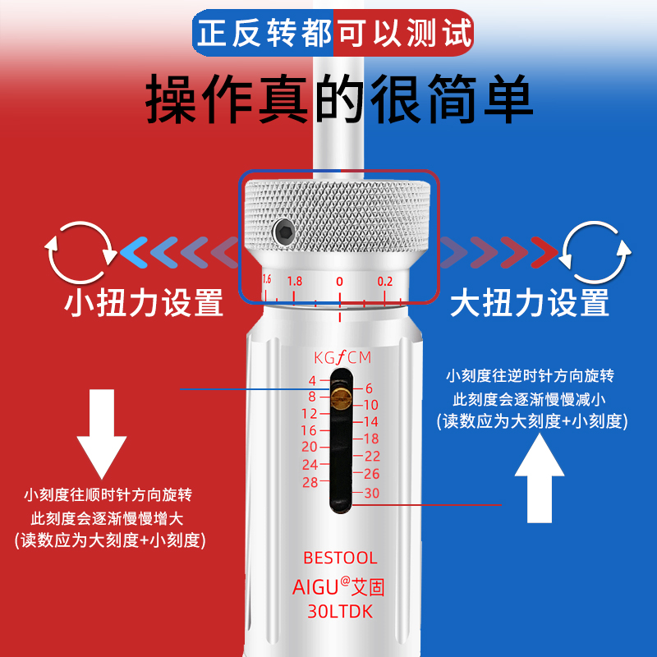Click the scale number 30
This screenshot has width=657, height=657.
click(x=371, y=493)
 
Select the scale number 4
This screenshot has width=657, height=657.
click(x=312, y=381)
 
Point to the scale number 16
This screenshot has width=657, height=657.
click(x=309, y=430)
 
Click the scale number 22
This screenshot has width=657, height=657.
click(x=372, y=456)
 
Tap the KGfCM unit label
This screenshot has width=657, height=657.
click(x=342, y=358)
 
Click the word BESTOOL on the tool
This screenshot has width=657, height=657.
click(x=341, y=558)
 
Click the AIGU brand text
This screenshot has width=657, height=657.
click(x=316, y=588)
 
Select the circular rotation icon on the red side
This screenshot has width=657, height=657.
click(x=80, y=250)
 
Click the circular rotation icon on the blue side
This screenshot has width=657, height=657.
click(x=595, y=250)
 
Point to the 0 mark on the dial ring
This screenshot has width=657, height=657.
click(x=339, y=281)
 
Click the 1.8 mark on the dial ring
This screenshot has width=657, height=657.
click(x=295, y=281)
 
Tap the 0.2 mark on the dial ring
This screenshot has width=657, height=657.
click(x=386, y=281)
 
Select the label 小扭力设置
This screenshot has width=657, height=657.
click(x=144, y=302)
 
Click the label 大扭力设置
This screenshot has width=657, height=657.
click(x=530, y=302)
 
